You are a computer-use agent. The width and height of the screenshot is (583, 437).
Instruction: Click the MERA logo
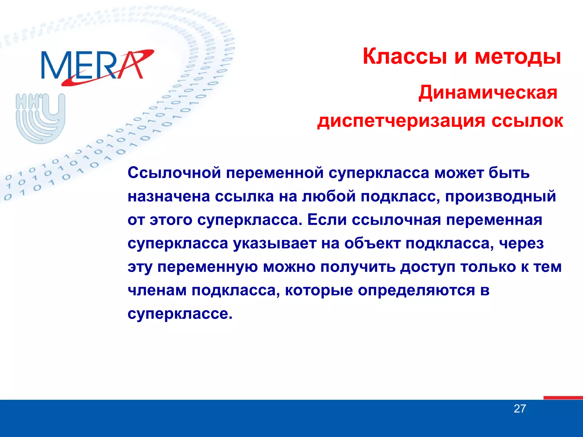(x=97, y=67)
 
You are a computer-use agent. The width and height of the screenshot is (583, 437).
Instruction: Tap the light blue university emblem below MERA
(x=40, y=118)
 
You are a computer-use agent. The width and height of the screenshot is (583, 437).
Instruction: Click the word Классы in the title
(x=405, y=57)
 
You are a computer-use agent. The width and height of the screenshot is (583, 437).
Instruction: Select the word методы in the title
(x=518, y=57)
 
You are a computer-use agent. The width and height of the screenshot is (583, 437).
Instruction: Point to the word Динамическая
(x=488, y=93)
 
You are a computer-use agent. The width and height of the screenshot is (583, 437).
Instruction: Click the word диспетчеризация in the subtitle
(x=401, y=121)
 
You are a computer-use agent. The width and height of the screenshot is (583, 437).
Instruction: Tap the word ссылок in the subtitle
(x=527, y=121)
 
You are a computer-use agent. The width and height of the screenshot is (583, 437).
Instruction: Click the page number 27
(x=520, y=409)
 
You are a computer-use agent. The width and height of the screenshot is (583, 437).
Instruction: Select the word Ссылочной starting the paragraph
(x=174, y=173)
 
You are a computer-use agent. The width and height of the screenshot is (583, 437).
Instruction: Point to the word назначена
(x=169, y=196)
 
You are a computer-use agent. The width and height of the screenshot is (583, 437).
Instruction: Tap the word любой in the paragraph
(x=329, y=196)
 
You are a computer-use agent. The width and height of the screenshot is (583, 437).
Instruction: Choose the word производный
(x=500, y=196)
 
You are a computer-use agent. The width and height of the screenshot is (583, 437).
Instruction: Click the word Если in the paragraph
(x=327, y=220)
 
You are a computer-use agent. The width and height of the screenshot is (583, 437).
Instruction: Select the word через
(x=522, y=244)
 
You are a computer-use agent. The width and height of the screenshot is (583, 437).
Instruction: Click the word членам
(x=157, y=290)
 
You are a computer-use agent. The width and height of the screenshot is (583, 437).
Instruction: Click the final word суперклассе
(x=180, y=314)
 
